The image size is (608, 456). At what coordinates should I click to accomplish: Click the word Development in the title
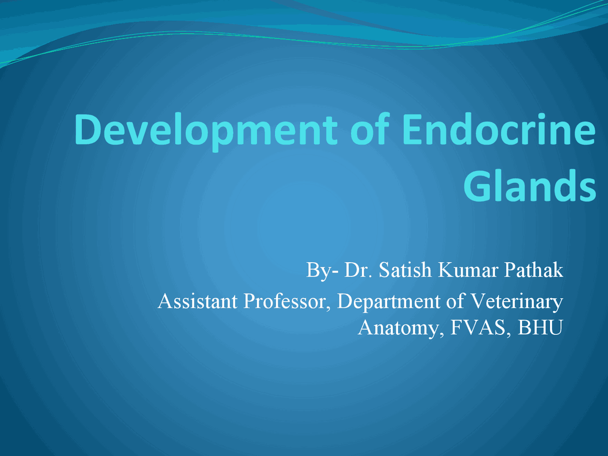[206, 132]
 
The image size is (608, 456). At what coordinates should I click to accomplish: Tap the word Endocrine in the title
[499, 129]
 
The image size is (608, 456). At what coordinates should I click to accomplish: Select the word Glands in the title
[530, 186]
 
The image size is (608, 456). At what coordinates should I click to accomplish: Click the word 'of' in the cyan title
[370, 129]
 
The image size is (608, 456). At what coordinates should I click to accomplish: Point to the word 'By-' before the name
[322, 270]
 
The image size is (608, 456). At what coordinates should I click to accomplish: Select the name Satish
[405, 269]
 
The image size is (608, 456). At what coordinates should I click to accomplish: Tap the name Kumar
[468, 270]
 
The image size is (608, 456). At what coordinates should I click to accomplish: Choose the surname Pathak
[533, 269]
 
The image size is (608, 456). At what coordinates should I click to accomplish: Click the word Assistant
[198, 301]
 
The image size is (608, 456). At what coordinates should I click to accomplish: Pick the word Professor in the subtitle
[287, 302]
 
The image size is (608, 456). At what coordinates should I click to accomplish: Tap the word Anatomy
[401, 328]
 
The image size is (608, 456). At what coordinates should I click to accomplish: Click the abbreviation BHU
[541, 328]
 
